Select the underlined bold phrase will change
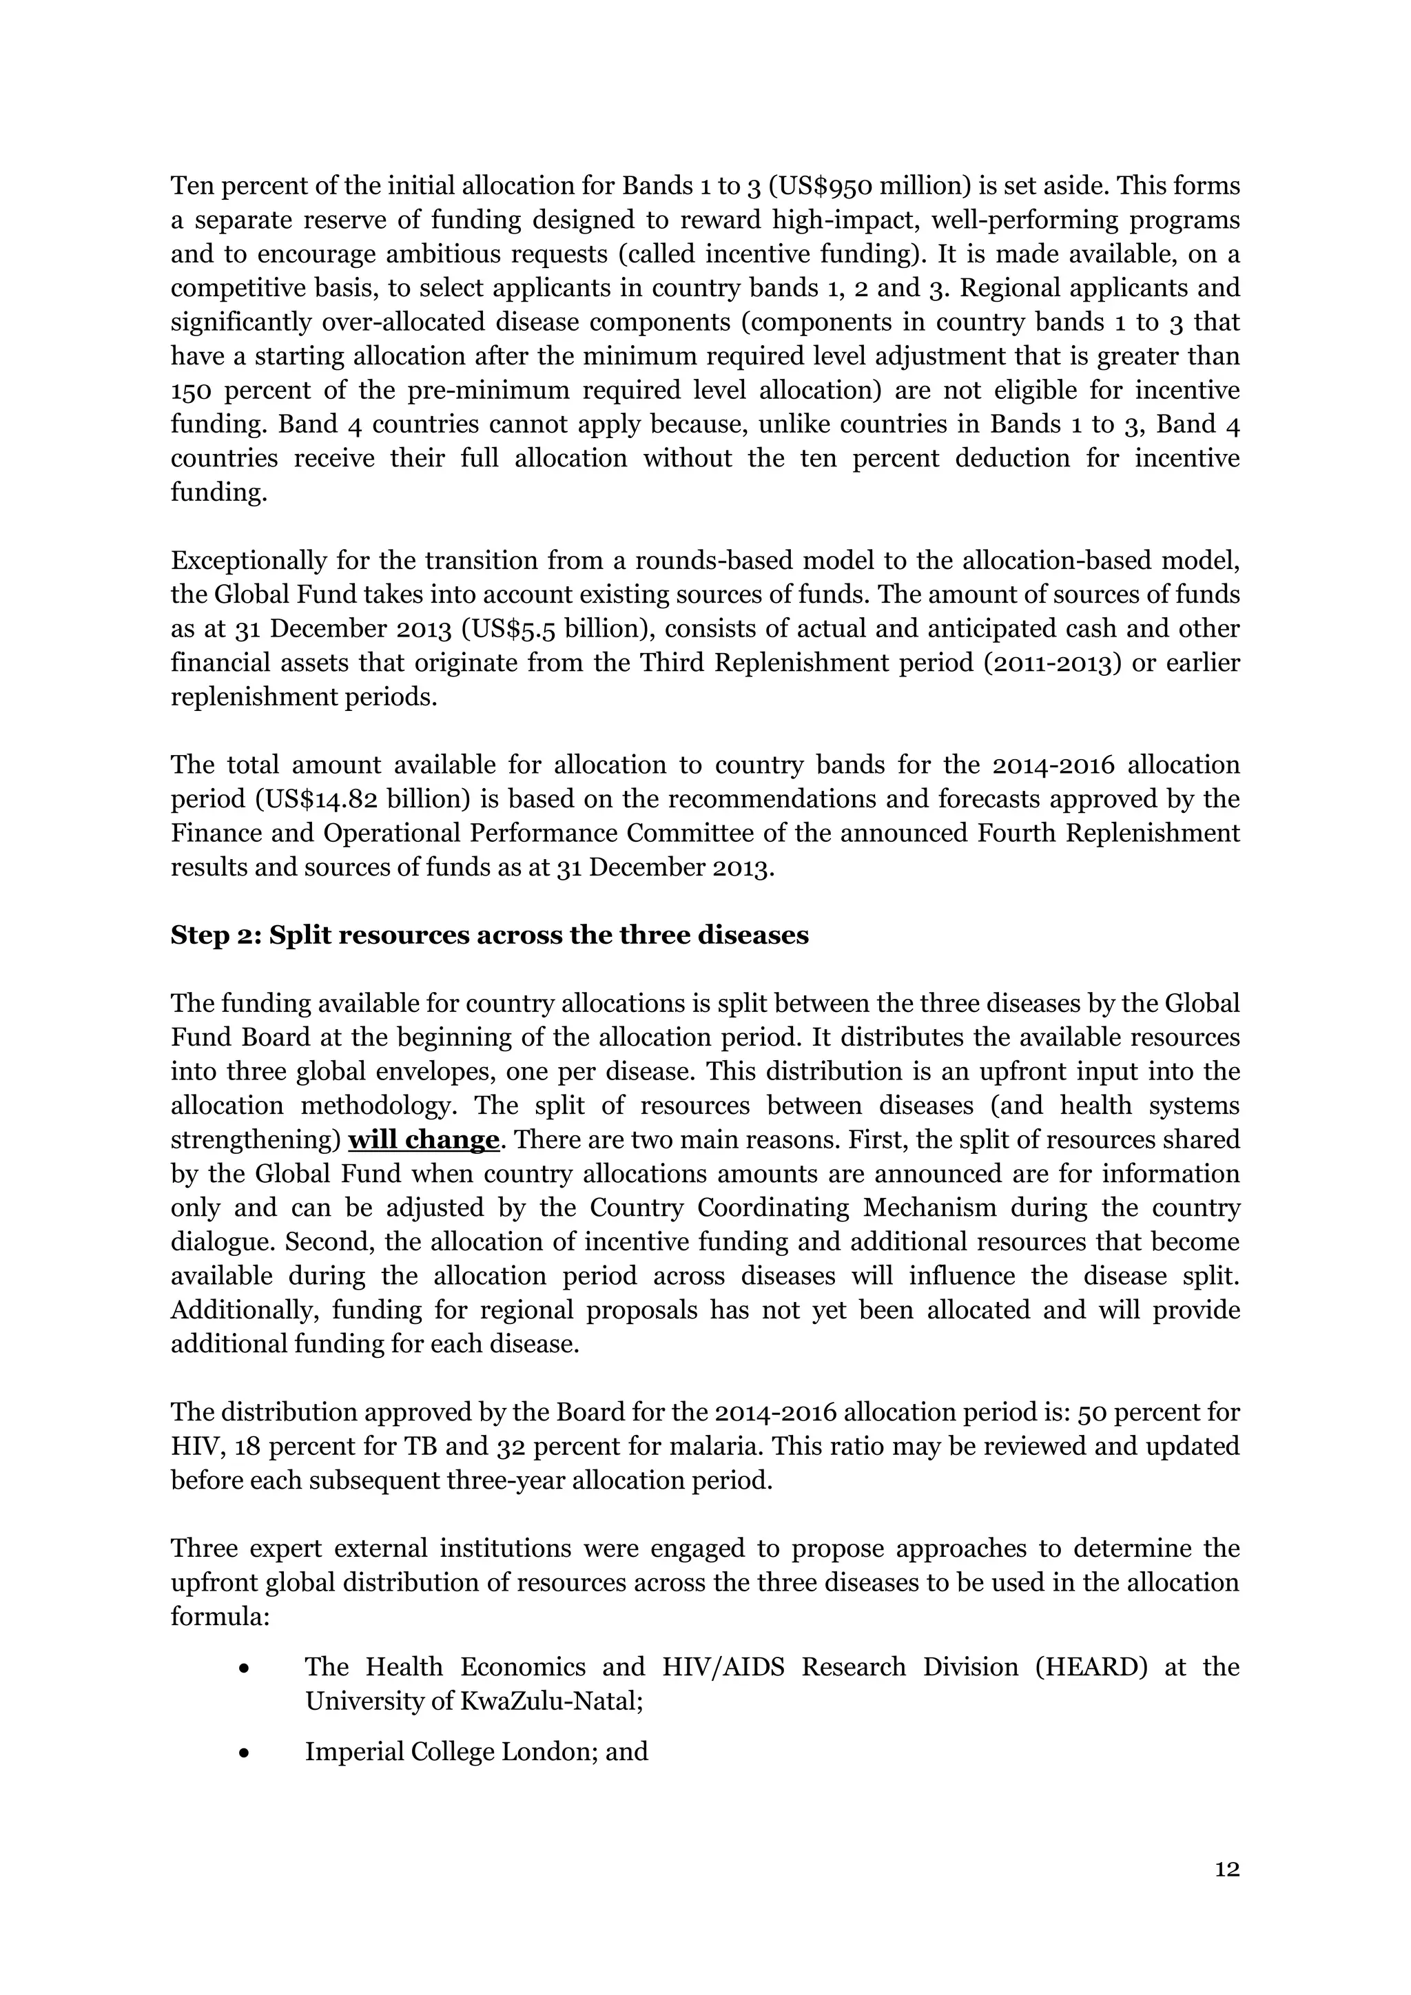pyautogui.click(x=423, y=1140)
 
